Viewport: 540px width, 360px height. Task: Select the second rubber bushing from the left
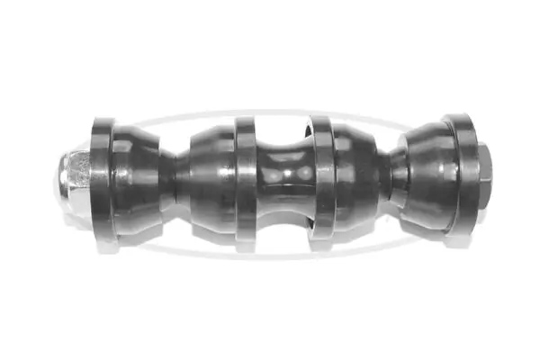point(209,182)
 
